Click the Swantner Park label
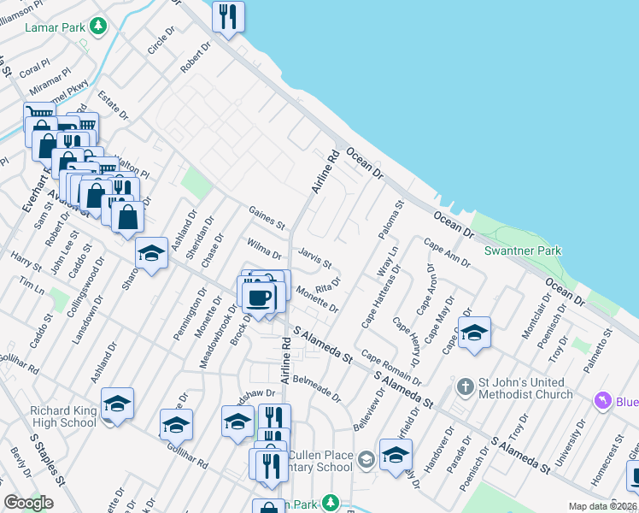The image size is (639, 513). click(523, 251)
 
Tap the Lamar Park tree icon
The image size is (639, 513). click(100, 27)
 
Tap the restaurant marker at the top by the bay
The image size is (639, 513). click(227, 16)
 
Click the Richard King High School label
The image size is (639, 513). click(63, 416)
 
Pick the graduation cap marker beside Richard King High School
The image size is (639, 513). click(117, 404)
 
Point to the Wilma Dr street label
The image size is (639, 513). click(265, 249)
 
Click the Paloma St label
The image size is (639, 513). click(390, 221)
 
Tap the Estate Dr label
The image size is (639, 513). click(112, 104)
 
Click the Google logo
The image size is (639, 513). click(28, 503)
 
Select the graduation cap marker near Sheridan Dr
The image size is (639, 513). click(151, 253)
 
